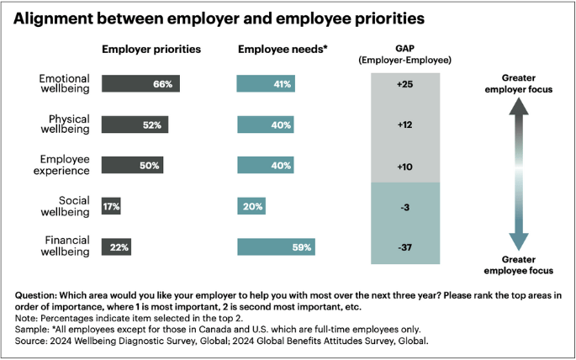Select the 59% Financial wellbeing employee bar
(276, 247)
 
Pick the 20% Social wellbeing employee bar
(251, 206)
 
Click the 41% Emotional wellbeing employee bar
(265, 84)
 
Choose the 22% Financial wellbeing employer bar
(115, 247)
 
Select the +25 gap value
(405, 84)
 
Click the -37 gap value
(405, 247)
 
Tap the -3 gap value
(405, 206)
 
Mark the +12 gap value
(405, 124)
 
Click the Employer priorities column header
(151, 49)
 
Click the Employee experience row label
(66, 165)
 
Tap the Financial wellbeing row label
(66, 246)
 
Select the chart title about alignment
(219, 18)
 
